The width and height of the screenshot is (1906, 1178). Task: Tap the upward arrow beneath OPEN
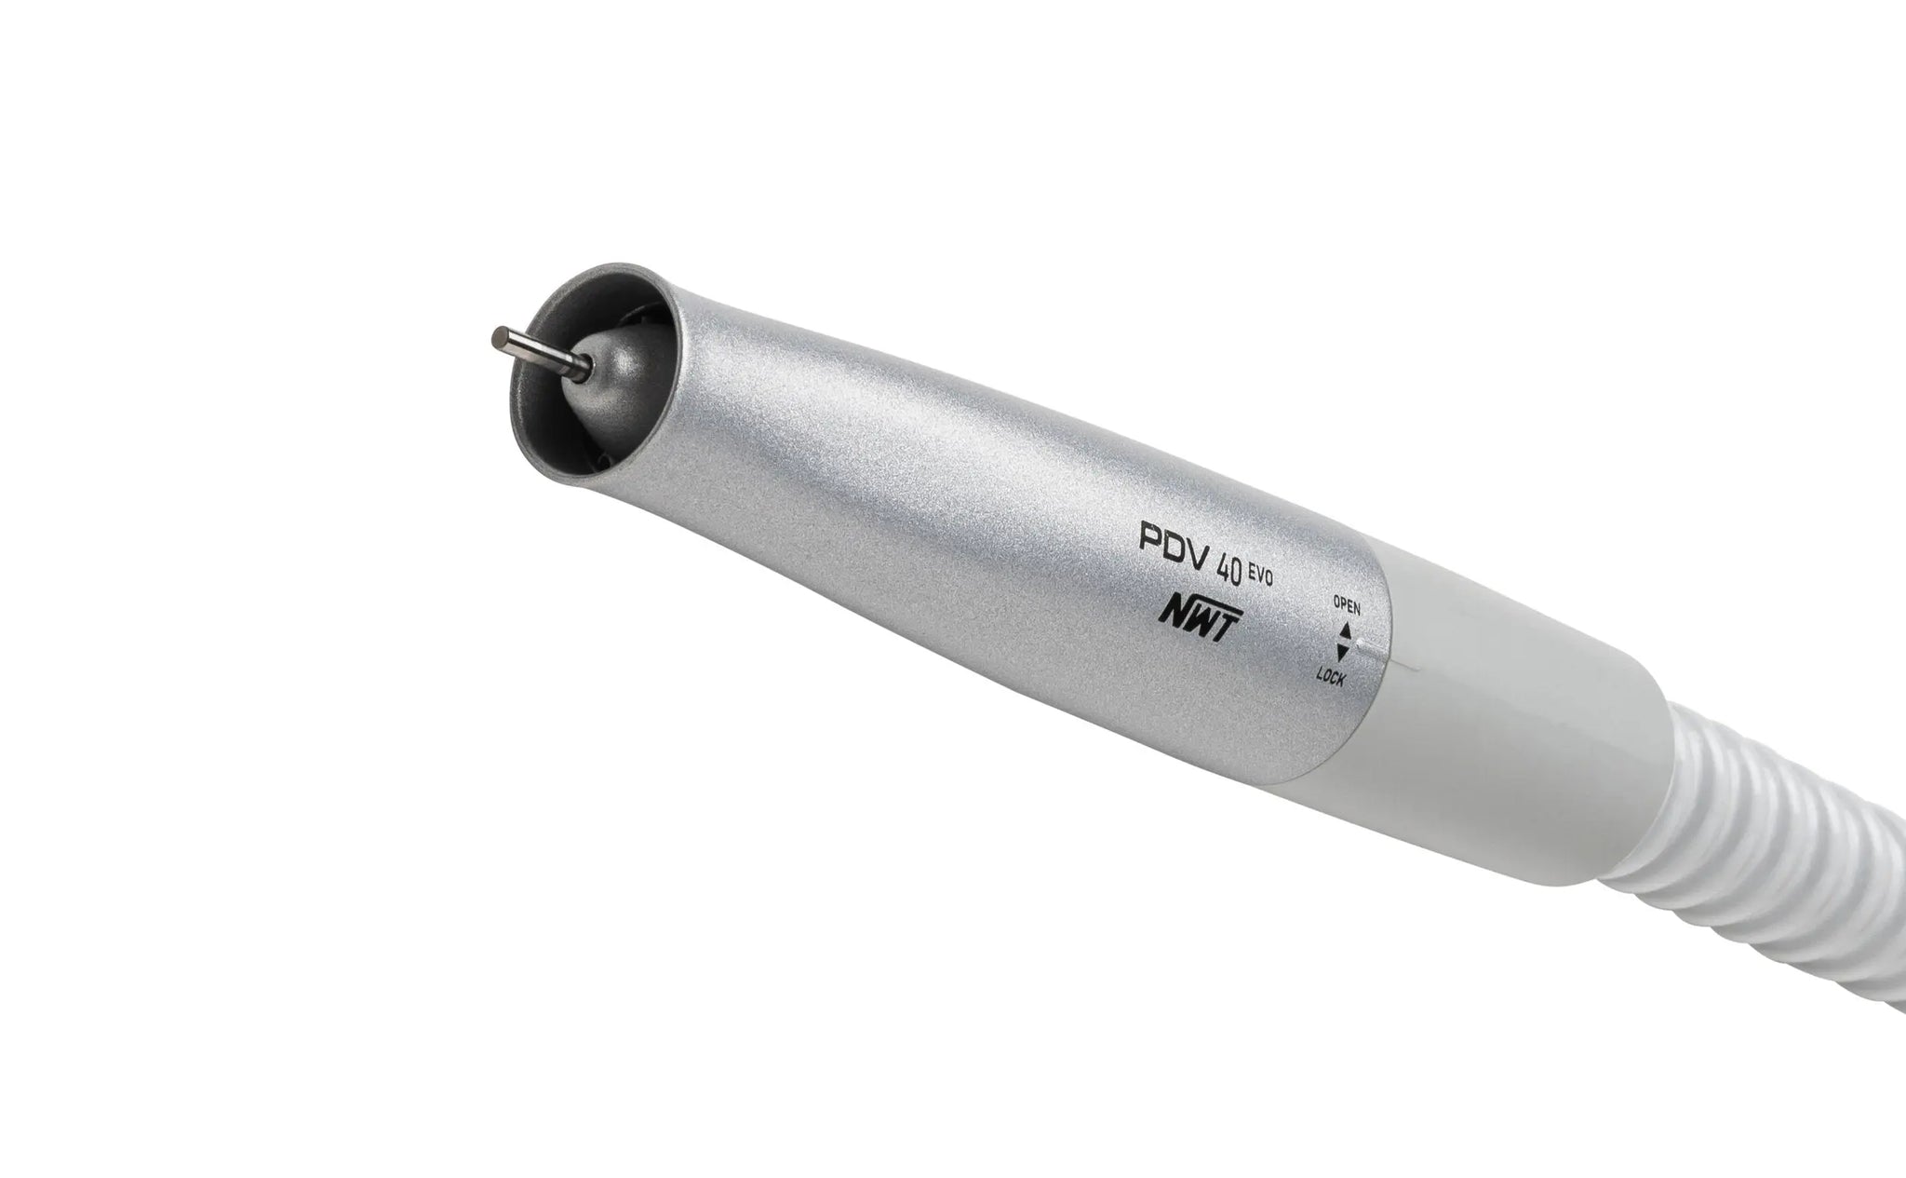pyautogui.click(x=1344, y=630)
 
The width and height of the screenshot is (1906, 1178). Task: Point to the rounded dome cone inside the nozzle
pyautogui.click(x=614, y=368)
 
